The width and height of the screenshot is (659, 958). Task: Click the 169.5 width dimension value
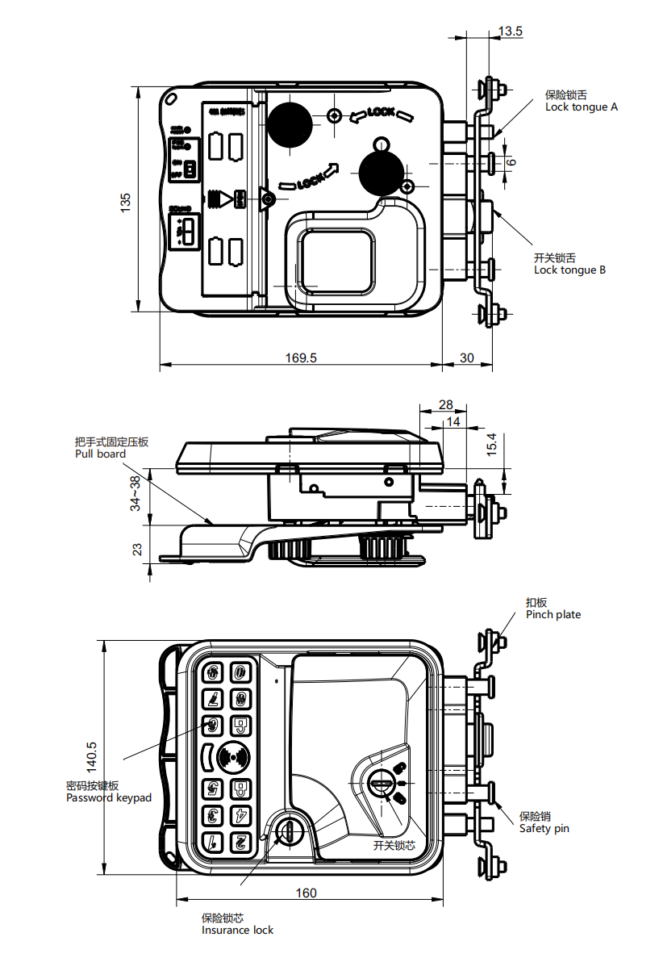point(301,358)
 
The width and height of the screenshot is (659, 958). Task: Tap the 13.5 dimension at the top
point(511,31)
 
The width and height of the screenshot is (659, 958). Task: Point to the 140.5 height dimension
point(91,755)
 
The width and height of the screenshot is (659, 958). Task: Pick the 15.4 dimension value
point(493,445)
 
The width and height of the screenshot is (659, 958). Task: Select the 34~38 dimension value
point(136,493)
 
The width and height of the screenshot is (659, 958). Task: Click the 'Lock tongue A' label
point(581,107)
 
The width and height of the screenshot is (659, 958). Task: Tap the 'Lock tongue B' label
point(569,270)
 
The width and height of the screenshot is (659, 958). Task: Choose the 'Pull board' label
point(100,454)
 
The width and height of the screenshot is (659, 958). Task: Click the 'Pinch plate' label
point(553,614)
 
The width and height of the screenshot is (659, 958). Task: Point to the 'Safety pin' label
point(544,828)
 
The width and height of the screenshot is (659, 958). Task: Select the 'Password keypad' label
point(108,797)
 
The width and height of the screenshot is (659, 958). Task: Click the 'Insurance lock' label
point(237,930)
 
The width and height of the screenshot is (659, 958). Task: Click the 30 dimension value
point(467,358)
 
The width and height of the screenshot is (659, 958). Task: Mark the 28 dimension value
point(446,405)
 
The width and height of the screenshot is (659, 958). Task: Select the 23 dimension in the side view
point(138,549)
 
